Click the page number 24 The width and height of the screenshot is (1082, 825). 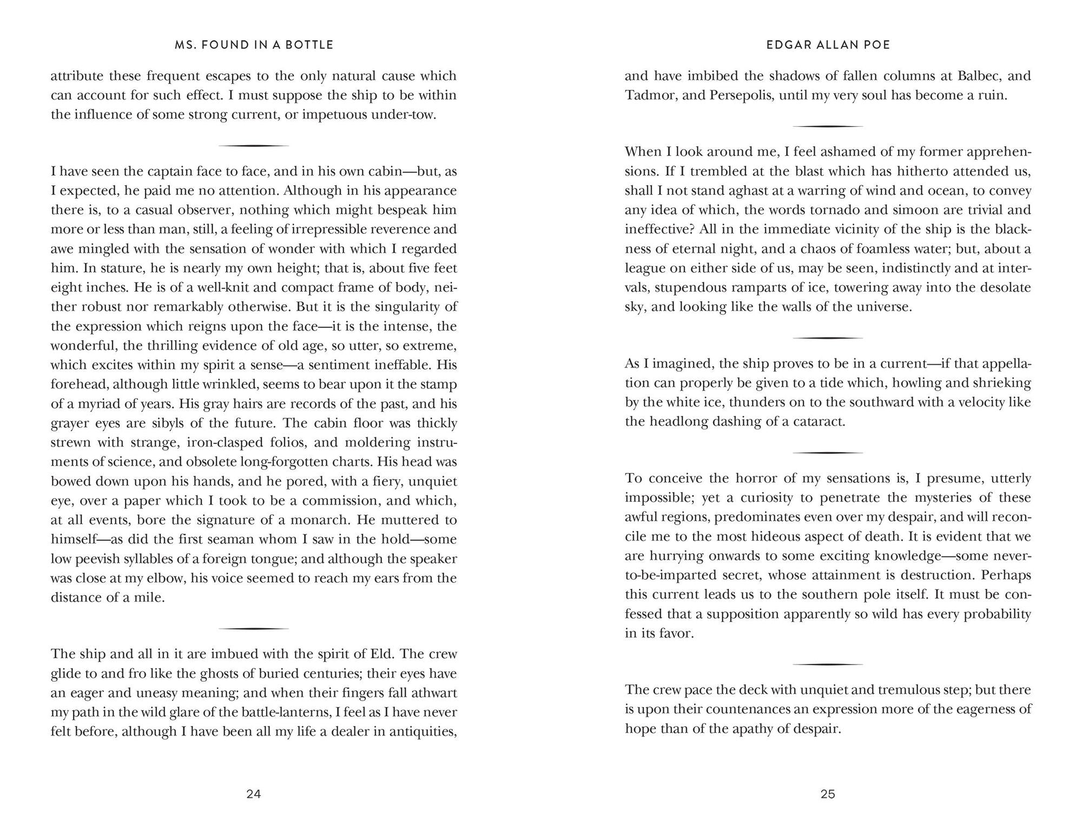click(x=254, y=794)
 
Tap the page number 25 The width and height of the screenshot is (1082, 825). click(x=828, y=794)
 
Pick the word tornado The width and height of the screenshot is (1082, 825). click(x=895, y=210)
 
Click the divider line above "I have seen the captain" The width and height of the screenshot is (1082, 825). click(x=253, y=146)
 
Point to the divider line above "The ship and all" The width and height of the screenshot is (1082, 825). click(x=253, y=628)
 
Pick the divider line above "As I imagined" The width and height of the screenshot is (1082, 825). click(x=828, y=338)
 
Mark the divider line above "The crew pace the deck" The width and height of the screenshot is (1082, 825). click(x=828, y=664)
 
